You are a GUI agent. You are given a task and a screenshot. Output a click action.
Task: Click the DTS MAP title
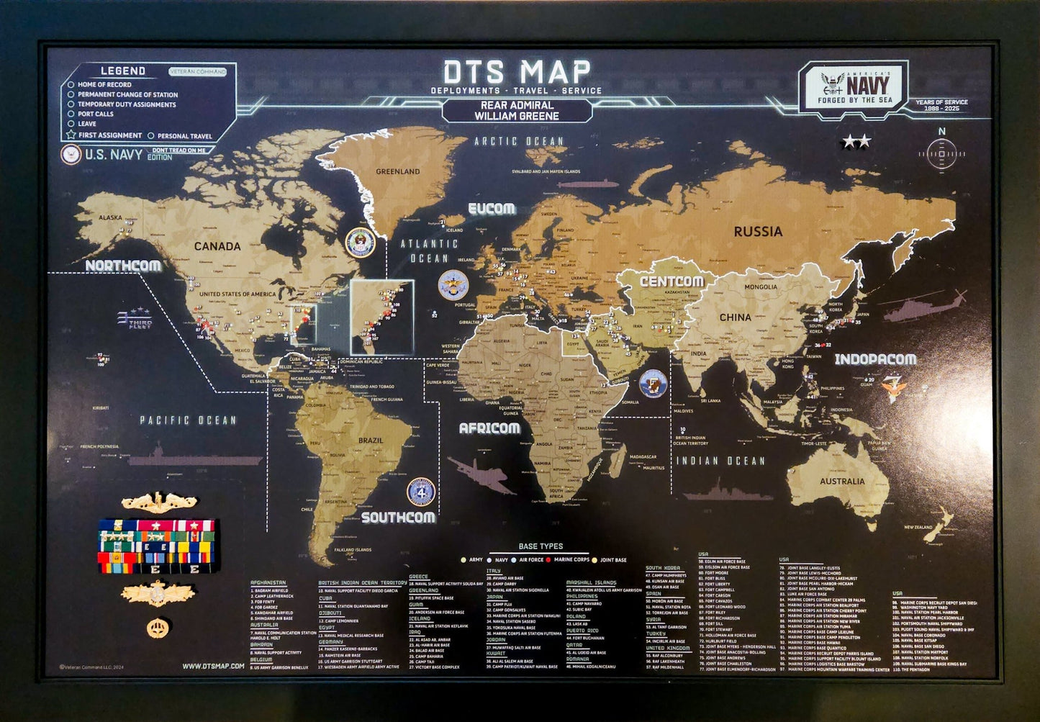pos(517,72)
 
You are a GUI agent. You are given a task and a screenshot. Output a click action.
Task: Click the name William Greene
pos(516,116)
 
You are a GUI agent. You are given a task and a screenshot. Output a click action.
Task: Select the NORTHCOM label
pos(123,266)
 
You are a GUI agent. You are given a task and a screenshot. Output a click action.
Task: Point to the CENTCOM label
pos(672,281)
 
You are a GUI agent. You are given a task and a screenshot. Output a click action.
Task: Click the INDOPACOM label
pos(875,358)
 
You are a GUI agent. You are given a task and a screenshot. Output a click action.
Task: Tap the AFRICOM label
pos(489,428)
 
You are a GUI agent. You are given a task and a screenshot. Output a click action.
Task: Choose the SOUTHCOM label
pos(398,517)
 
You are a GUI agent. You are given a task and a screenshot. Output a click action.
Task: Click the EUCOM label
pos(492,209)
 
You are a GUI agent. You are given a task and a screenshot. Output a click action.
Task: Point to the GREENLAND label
pos(398,172)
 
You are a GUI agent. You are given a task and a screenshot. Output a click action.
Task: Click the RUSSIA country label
pos(757,232)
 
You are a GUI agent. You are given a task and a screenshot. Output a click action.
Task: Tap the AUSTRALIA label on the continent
pos(842,482)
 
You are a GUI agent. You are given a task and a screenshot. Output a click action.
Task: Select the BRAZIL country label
pos(371,441)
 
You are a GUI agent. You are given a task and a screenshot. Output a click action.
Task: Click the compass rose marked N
pos(941,152)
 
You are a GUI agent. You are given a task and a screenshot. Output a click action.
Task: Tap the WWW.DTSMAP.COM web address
pos(214,666)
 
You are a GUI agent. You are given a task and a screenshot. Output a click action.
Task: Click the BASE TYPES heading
pos(541,546)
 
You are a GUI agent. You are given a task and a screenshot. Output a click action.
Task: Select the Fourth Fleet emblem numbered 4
pos(420,492)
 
